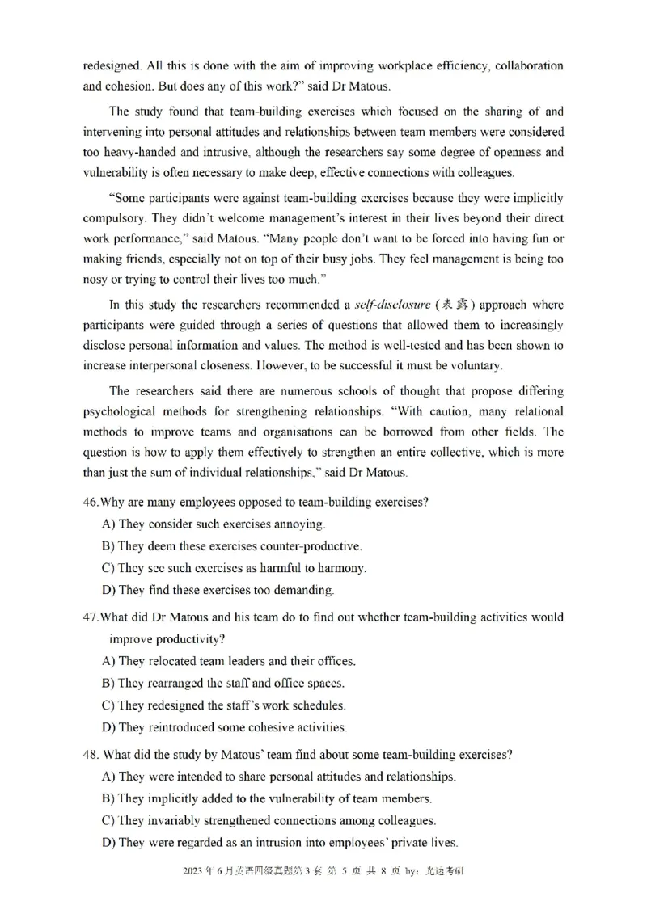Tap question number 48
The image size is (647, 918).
click(x=91, y=755)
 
